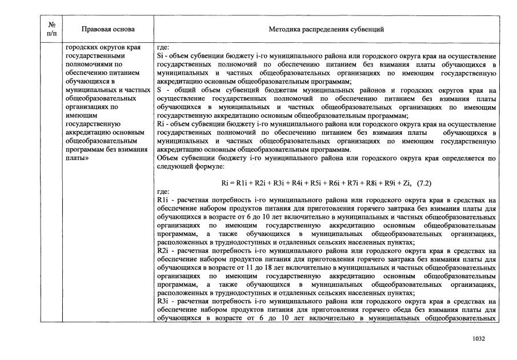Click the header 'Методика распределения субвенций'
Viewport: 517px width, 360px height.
click(x=326, y=29)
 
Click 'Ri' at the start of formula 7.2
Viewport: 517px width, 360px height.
click(x=225, y=183)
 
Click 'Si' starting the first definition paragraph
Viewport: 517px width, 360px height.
click(x=160, y=55)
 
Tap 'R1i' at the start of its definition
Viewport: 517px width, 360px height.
click(x=162, y=201)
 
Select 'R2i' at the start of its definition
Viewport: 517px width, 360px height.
click(x=162, y=250)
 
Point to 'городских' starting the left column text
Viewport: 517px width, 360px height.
click(x=81, y=47)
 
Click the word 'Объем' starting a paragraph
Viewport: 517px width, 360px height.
click(x=166, y=158)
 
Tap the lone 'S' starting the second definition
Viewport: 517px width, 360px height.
click(x=159, y=90)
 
